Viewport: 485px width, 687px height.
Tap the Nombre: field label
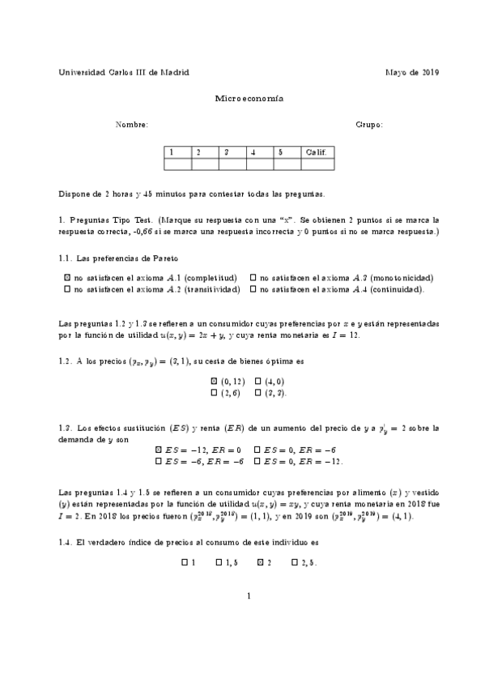tap(131, 125)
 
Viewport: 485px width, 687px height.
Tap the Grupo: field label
tap(368, 125)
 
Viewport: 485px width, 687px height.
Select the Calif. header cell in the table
tap(316, 151)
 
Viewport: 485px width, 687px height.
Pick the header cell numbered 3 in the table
tap(232, 151)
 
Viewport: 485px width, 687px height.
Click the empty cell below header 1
tap(177, 164)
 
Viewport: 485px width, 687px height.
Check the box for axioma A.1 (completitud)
tap(66, 277)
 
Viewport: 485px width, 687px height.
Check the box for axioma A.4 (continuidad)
tap(253, 288)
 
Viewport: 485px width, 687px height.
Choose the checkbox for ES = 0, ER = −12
tap(257, 461)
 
